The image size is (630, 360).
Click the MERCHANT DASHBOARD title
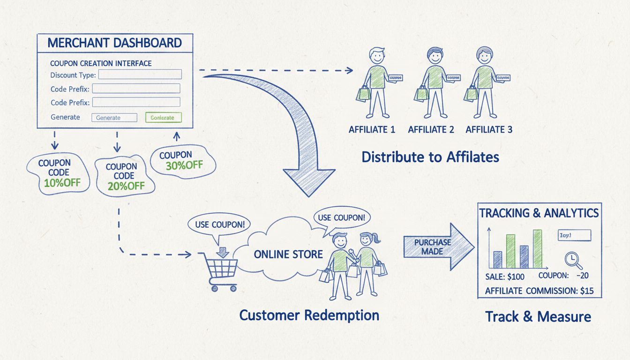click(x=114, y=43)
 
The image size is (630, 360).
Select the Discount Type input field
click(x=140, y=75)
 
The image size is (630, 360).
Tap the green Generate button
click(x=163, y=118)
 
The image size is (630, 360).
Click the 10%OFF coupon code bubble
click(x=59, y=173)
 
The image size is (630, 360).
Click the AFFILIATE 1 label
click(x=372, y=130)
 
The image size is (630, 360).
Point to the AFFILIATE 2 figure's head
click(x=435, y=57)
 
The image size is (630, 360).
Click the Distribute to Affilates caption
click(x=430, y=157)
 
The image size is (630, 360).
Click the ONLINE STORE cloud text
click(x=288, y=255)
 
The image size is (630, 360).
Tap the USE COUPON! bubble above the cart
click(x=216, y=224)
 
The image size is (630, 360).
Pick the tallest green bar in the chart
click(x=537, y=249)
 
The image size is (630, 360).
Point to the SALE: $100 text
click(x=505, y=277)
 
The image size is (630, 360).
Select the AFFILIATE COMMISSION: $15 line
click(x=539, y=291)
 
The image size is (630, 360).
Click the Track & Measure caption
click(x=538, y=316)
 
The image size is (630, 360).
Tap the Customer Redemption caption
click(x=309, y=315)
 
